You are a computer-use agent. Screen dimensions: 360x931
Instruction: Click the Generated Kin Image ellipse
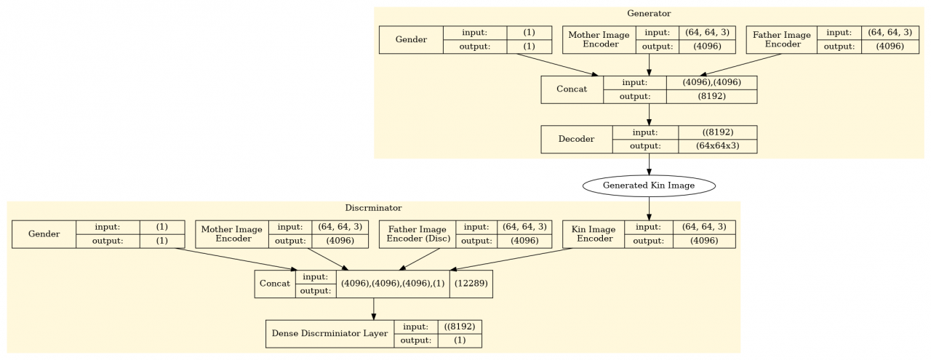coord(649,185)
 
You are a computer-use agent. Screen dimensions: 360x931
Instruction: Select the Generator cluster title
coord(649,13)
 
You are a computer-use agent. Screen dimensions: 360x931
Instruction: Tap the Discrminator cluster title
coord(373,208)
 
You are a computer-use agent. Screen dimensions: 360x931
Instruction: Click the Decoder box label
coord(576,139)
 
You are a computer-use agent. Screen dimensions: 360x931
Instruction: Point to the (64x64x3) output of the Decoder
coord(717,146)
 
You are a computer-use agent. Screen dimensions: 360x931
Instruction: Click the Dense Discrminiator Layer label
coord(329,334)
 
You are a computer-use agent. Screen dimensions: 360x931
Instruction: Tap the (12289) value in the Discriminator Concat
coord(471,283)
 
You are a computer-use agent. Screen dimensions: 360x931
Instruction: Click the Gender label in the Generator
coord(411,39)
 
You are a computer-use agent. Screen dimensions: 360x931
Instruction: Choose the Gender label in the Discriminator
coord(44,234)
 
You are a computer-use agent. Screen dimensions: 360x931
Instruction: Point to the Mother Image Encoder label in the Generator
coord(599,39)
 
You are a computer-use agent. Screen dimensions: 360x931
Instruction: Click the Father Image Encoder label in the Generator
coord(781,39)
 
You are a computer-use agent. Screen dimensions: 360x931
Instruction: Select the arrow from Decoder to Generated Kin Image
coord(649,164)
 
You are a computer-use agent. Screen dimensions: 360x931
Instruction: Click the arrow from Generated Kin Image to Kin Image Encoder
coord(649,208)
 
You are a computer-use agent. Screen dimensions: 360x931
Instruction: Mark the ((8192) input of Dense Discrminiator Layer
coord(459,327)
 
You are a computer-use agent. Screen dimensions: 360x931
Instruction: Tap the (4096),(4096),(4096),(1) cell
coord(393,283)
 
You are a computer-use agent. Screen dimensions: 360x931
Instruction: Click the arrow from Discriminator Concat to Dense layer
coord(373,308)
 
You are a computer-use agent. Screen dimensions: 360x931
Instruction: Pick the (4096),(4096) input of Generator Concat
coord(711,83)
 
